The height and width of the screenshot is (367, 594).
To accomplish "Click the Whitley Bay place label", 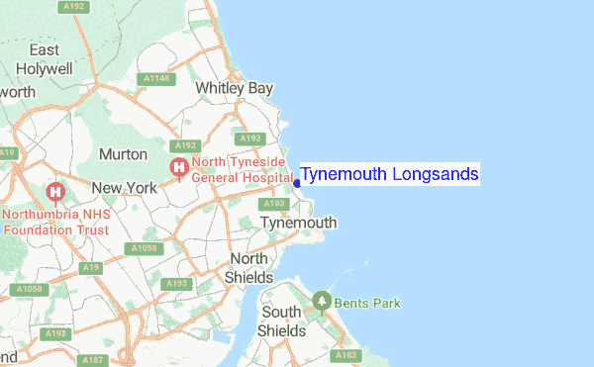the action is [234, 88].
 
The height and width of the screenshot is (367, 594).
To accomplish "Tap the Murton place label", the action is [124, 154].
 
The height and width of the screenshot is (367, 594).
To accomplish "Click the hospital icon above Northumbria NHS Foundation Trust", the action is [55, 191].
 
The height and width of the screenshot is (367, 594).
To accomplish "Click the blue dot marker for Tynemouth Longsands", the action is [297, 183].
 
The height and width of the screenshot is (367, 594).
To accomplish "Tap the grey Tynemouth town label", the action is [298, 224].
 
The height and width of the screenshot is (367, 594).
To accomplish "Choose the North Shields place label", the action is [248, 268].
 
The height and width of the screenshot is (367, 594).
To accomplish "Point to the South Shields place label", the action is [282, 321].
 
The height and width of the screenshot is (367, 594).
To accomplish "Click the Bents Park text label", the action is [367, 303].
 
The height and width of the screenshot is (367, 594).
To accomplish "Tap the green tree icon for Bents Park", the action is [321, 300].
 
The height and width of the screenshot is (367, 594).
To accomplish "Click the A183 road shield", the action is [346, 355].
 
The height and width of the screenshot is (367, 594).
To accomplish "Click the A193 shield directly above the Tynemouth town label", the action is [276, 204].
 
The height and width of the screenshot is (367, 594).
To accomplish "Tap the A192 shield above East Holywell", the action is [71, 7].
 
